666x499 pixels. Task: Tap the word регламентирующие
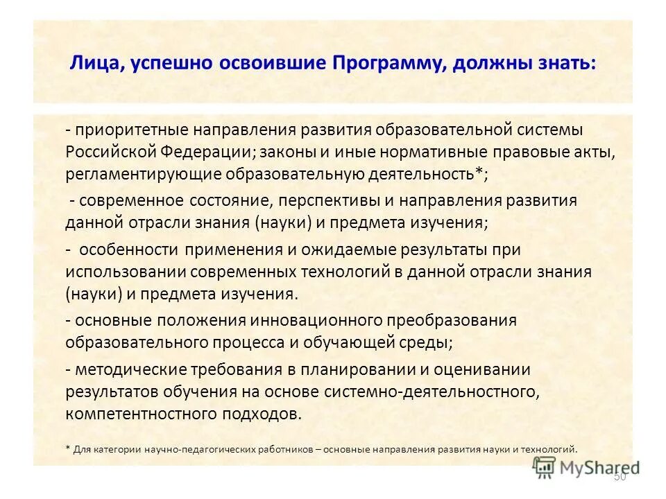[142, 175]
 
